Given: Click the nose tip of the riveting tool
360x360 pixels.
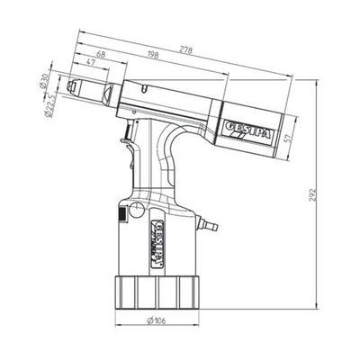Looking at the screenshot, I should pos(79,92).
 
